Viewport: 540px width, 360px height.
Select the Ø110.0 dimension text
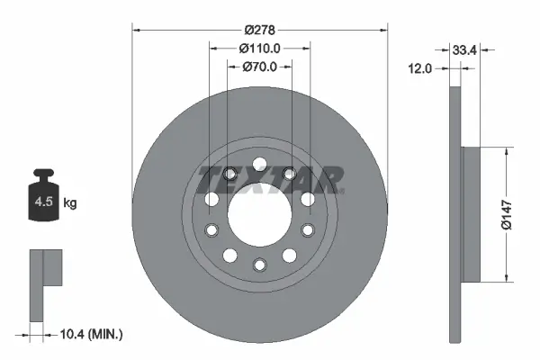(260, 48)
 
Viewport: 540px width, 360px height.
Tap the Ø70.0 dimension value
(260, 66)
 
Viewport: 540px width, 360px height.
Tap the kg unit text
(70, 203)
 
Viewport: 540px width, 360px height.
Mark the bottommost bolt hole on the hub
(259, 264)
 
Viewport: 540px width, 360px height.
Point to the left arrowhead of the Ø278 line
(137, 29)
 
